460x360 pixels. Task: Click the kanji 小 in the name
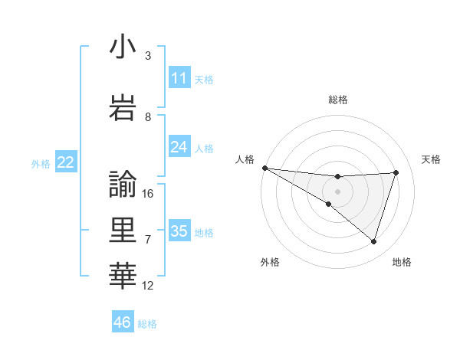[x=123, y=47]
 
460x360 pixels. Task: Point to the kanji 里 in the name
[x=123, y=231]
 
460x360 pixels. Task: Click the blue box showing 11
[x=179, y=77]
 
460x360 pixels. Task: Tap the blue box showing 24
[x=179, y=146]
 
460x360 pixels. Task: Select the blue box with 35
[x=179, y=231]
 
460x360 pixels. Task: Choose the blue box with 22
[x=66, y=162]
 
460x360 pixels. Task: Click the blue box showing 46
[x=123, y=322]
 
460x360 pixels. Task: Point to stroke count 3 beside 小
[x=148, y=56]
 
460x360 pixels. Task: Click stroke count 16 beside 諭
[x=148, y=194]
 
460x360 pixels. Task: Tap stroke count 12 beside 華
[x=148, y=286]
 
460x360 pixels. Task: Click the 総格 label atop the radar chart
[x=337, y=100]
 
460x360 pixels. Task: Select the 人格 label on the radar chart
[x=245, y=159]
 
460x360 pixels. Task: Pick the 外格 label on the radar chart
[x=269, y=262]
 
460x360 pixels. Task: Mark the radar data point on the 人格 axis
[x=264, y=168]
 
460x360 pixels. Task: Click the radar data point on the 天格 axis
[x=396, y=172]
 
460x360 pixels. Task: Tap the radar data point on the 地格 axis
[x=373, y=241]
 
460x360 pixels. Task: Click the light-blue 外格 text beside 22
[x=41, y=163]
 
